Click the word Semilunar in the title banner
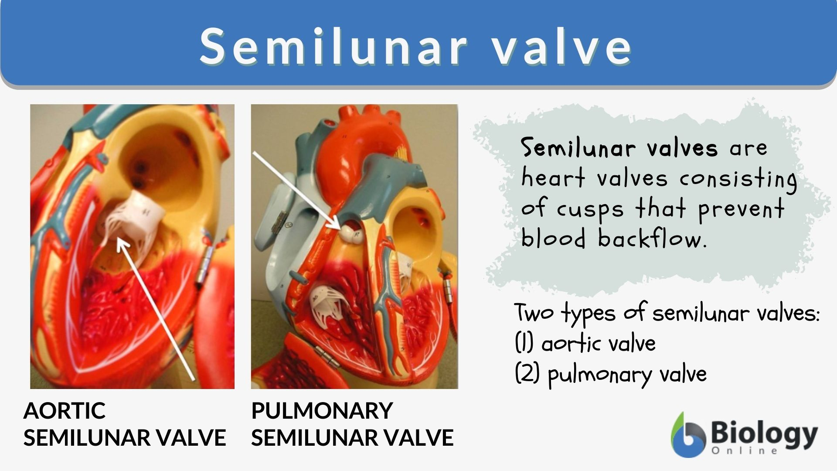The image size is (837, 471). (333, 46)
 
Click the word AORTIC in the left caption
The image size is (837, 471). (65, 411)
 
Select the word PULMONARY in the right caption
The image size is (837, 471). (322, 411)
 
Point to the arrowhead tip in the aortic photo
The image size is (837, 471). (119, 240)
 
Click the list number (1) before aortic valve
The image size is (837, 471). (524, 343)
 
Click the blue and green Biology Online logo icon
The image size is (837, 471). (688, 435)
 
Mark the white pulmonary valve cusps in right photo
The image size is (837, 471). (352, 232)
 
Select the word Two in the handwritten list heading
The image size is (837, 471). (534, 312)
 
